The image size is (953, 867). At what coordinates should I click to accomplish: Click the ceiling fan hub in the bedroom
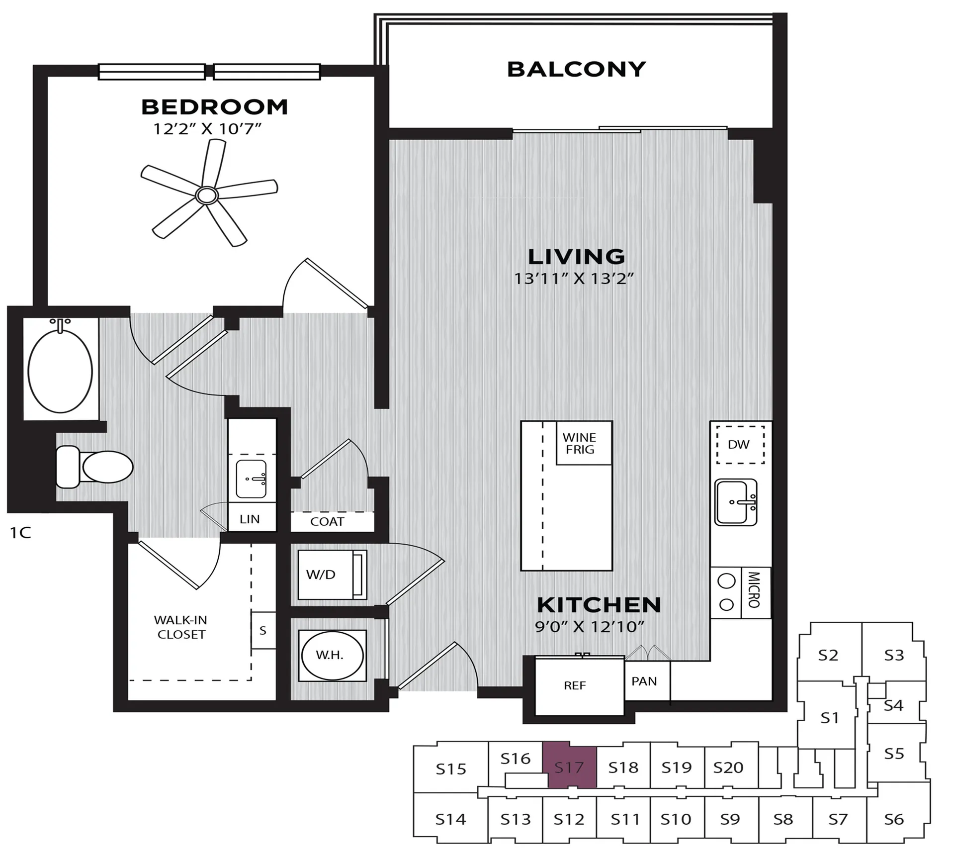point(206,195)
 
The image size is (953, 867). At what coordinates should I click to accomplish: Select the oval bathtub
point(60,372)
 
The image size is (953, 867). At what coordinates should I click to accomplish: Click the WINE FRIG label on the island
point(579,443)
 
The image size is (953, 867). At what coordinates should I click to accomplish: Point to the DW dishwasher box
point(740,445)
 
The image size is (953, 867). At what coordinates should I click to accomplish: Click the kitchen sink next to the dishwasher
point(736,502)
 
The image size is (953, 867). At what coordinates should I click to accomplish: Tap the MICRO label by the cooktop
point(754,590)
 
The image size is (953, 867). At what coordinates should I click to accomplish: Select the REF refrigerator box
point(575,685)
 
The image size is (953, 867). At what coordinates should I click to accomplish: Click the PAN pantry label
point(644,681)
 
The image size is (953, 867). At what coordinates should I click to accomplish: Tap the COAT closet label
point(327,521)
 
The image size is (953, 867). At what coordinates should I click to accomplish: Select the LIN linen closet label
point(250,519)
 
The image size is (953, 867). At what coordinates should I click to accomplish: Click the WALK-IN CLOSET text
point(180,627)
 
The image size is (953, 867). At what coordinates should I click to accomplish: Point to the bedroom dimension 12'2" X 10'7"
point(207,129)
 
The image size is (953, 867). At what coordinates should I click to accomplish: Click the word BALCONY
point(576,70)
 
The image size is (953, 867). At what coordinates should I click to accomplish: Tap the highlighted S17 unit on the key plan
point(569,768)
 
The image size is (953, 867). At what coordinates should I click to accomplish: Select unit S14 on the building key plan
point(450,819)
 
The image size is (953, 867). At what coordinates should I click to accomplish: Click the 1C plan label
point(20,533)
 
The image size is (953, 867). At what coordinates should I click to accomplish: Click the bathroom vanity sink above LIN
point(251,479)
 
